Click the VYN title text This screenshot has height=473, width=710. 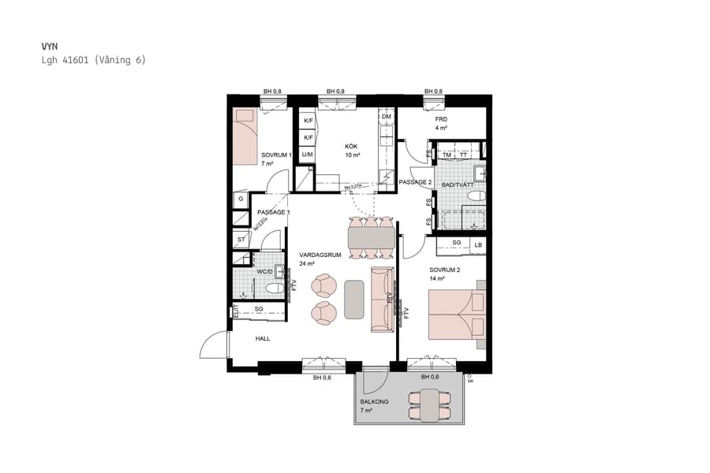tap(49, 47)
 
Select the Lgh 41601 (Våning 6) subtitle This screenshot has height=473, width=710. tap(93, 60)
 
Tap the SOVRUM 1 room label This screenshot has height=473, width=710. tap(276, 155)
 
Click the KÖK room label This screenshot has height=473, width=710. tap(352, 146)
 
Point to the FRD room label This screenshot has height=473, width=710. tap(441, 119)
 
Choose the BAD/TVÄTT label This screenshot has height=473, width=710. tap(458, 184)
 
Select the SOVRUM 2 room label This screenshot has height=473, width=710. tap(444, 270)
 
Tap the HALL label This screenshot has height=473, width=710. tap(263, 338)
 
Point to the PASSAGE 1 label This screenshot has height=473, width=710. tap(274, 212)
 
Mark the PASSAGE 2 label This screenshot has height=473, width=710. tap(415, 182)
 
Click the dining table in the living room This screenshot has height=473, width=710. tap(370, 236)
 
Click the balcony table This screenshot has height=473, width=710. tap(429, 406)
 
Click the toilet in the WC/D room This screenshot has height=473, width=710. tap(274, 289)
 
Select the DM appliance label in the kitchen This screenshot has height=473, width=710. tap(386, 117)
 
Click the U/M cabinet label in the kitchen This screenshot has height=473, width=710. tap(308, 155)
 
